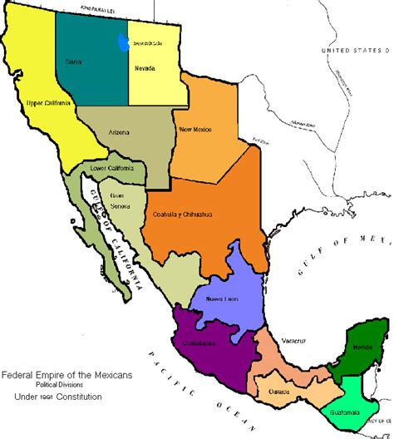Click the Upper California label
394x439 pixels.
[x=47, y=103]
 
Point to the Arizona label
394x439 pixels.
[x=121, y=131]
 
